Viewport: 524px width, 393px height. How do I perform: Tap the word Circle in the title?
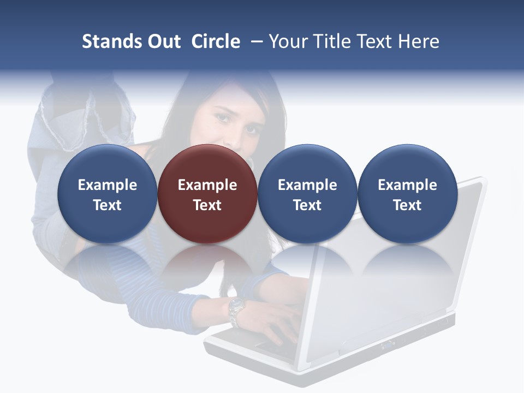pyautogui.click(x=216, y=41)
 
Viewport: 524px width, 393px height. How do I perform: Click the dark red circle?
pyautogui.click(x=207, y=194)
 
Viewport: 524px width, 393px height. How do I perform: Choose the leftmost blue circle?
pyautogui.click(x=108, y=194)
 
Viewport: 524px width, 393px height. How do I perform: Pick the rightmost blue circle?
pyautogui.click(x=407, y=194)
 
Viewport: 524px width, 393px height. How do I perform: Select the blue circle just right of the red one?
pyautogui.click(x=307, y=194)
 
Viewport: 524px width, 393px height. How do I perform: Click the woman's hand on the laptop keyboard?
pyautogui.click(x=276, y=324)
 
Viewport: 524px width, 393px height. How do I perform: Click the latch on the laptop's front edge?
pyautogui.click(x=389, y=344)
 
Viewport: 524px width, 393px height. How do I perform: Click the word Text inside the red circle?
pyautogui.click(x=207, y=205)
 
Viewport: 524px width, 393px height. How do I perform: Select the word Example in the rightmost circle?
pyautogui.click(x=407, y=185)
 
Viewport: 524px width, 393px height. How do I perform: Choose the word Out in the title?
pyautogui.click(x=162, y=41)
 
